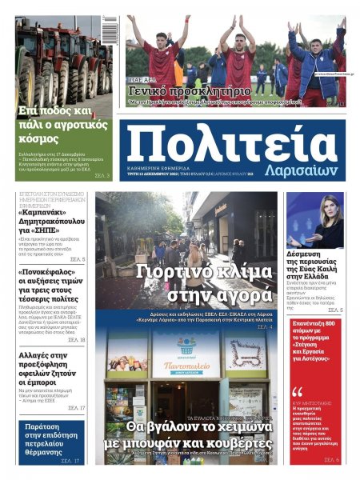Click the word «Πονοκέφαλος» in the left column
pyautogui.click(x=50, y=272)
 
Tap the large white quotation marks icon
pyautogui.click(x=298, y=392)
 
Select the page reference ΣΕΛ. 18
pyautogui.click(x=76, y=339)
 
